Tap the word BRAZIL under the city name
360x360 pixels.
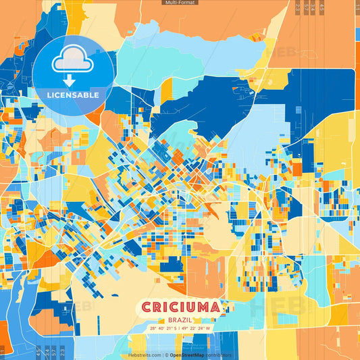pyautogui.click(x=180, y=319)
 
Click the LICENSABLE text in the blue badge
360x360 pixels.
pyautogui.click(x=73, y=95)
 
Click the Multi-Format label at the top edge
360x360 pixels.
pyautogui.click(x=180, y=3)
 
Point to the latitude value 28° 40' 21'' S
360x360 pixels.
pyautogui.click(x=164, y=328)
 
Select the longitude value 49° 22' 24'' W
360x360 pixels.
pyautogui.click(x=197, y=328)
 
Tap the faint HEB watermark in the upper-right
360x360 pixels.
pyautogui.click(x=278, y=52)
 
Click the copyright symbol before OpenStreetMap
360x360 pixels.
pyautogui.click(x=166, y=355)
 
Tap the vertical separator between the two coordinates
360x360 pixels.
pyautogui.click(x=180, y=328)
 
